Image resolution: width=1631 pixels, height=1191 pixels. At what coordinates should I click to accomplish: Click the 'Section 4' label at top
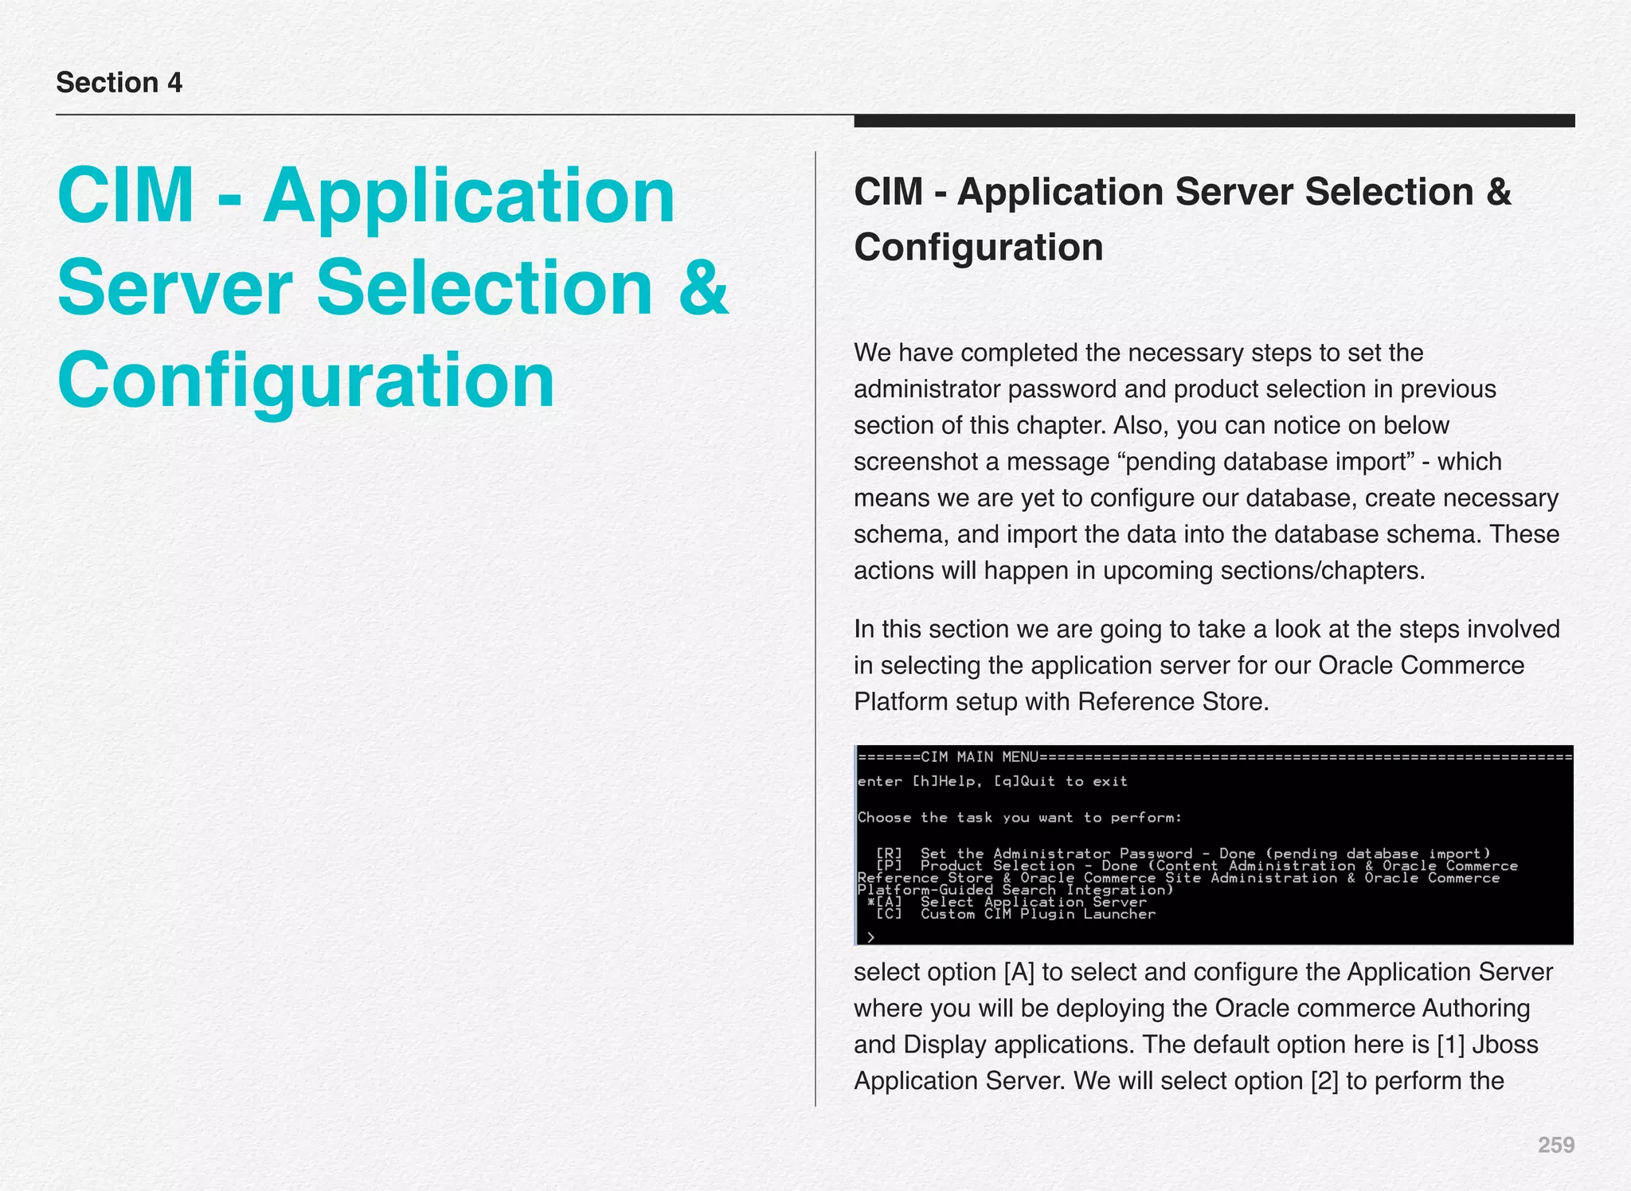(x=119, y=83)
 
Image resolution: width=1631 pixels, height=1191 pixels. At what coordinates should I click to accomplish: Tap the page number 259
(x=1555, y=1145)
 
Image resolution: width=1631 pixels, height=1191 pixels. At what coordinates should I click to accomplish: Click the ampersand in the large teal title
(x=703, y=287)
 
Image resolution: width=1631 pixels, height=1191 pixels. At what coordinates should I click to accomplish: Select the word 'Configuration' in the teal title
(x=306, y=381)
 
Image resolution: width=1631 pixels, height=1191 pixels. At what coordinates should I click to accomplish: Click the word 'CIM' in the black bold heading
(x=889, y=192)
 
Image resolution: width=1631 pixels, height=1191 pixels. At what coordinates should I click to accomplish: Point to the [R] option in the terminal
(x=889, y=853)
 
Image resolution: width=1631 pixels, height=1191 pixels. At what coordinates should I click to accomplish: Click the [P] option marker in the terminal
(x=889, y=865)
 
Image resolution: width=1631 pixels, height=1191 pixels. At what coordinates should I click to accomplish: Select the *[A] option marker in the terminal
(x=885, y=902)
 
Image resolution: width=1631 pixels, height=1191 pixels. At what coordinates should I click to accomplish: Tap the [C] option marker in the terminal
(x=889, y=914)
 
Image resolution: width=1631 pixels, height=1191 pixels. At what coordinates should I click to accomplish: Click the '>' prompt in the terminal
(x=870, y=937)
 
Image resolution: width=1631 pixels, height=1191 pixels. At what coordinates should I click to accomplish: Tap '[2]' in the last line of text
(x=1324, y=1080)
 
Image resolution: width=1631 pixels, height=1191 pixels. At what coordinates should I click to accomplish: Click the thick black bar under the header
(x=1214, y=121)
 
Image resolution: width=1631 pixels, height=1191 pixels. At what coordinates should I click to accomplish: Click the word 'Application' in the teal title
(x=469, y=195)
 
